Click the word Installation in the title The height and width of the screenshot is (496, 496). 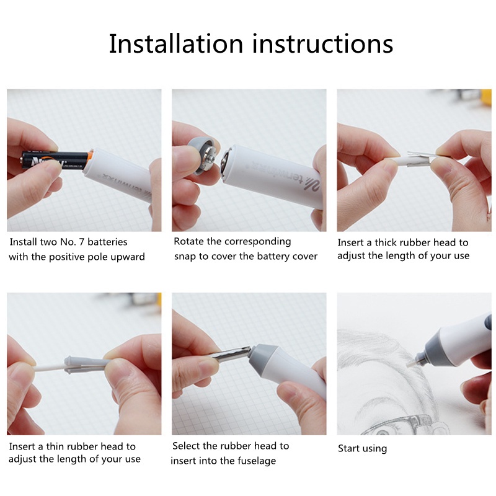click(x=176, y=43)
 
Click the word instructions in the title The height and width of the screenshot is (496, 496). click(x=322, y=43)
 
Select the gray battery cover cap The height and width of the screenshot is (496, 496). click(x=203, y=157)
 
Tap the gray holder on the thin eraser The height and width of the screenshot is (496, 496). click(x=85, y=365)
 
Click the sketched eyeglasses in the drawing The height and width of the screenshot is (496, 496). click(x=399, y=425)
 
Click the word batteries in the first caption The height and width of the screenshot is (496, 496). click(x=107, y=242)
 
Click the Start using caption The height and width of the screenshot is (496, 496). click(x=362, y=448)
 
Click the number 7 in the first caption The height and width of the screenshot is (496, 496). click(x=82, y=242)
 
